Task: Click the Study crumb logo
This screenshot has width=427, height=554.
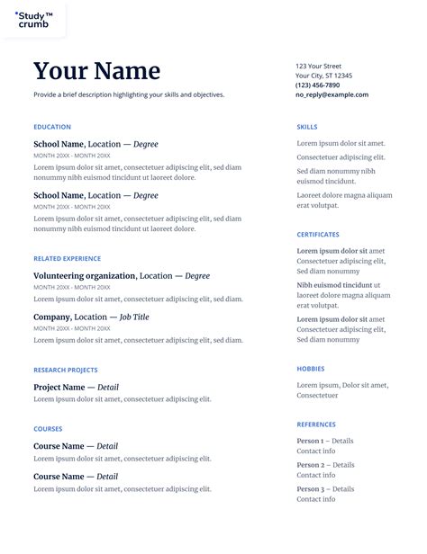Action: pos(33,19)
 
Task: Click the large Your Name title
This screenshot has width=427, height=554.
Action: pos(96,71)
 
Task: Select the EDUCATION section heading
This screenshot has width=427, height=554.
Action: pos(52,127)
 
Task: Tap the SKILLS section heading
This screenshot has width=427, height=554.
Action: pos(306,127)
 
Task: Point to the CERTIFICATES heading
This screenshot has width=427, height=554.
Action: pos(318,235)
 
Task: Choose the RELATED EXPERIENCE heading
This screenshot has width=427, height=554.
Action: pos(67,258)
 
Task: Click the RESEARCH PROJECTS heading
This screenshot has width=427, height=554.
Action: pos(66,370)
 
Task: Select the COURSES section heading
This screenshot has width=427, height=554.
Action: pos(48,429)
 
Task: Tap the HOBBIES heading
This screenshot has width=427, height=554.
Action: pos(311,369)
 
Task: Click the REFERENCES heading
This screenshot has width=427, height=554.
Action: pos(316,424)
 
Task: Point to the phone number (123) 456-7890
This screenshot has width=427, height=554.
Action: pos(318,85)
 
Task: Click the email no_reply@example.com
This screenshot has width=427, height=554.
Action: pos(332,94)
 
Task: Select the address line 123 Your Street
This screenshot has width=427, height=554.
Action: pos(319,66)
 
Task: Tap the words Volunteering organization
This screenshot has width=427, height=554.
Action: pos(85,276)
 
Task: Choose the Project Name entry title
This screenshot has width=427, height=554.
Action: pos(59,388)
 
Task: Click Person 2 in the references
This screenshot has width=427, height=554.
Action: pos(310,465)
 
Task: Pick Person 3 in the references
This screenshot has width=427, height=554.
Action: pos(310,488)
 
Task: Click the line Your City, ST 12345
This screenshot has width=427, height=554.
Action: pos(324,76)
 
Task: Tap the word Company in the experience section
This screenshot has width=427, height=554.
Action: pos(51,317)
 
